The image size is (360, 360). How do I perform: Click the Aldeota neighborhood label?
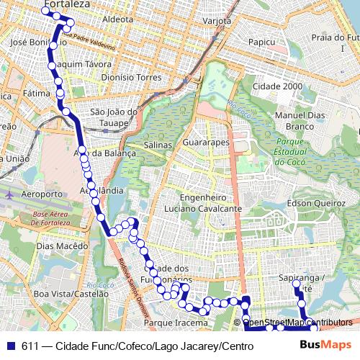pyautogui.click(x=119, y=19)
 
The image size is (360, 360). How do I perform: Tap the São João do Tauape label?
pyautogui.click(x=114, y=117)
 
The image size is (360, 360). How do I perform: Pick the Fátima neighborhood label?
pyautogui.click(x=36, y=94)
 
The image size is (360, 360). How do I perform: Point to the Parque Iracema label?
pyautogui.click(x=176, y=323)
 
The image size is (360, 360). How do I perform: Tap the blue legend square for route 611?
pyautogui.click(x=10, y=346)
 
